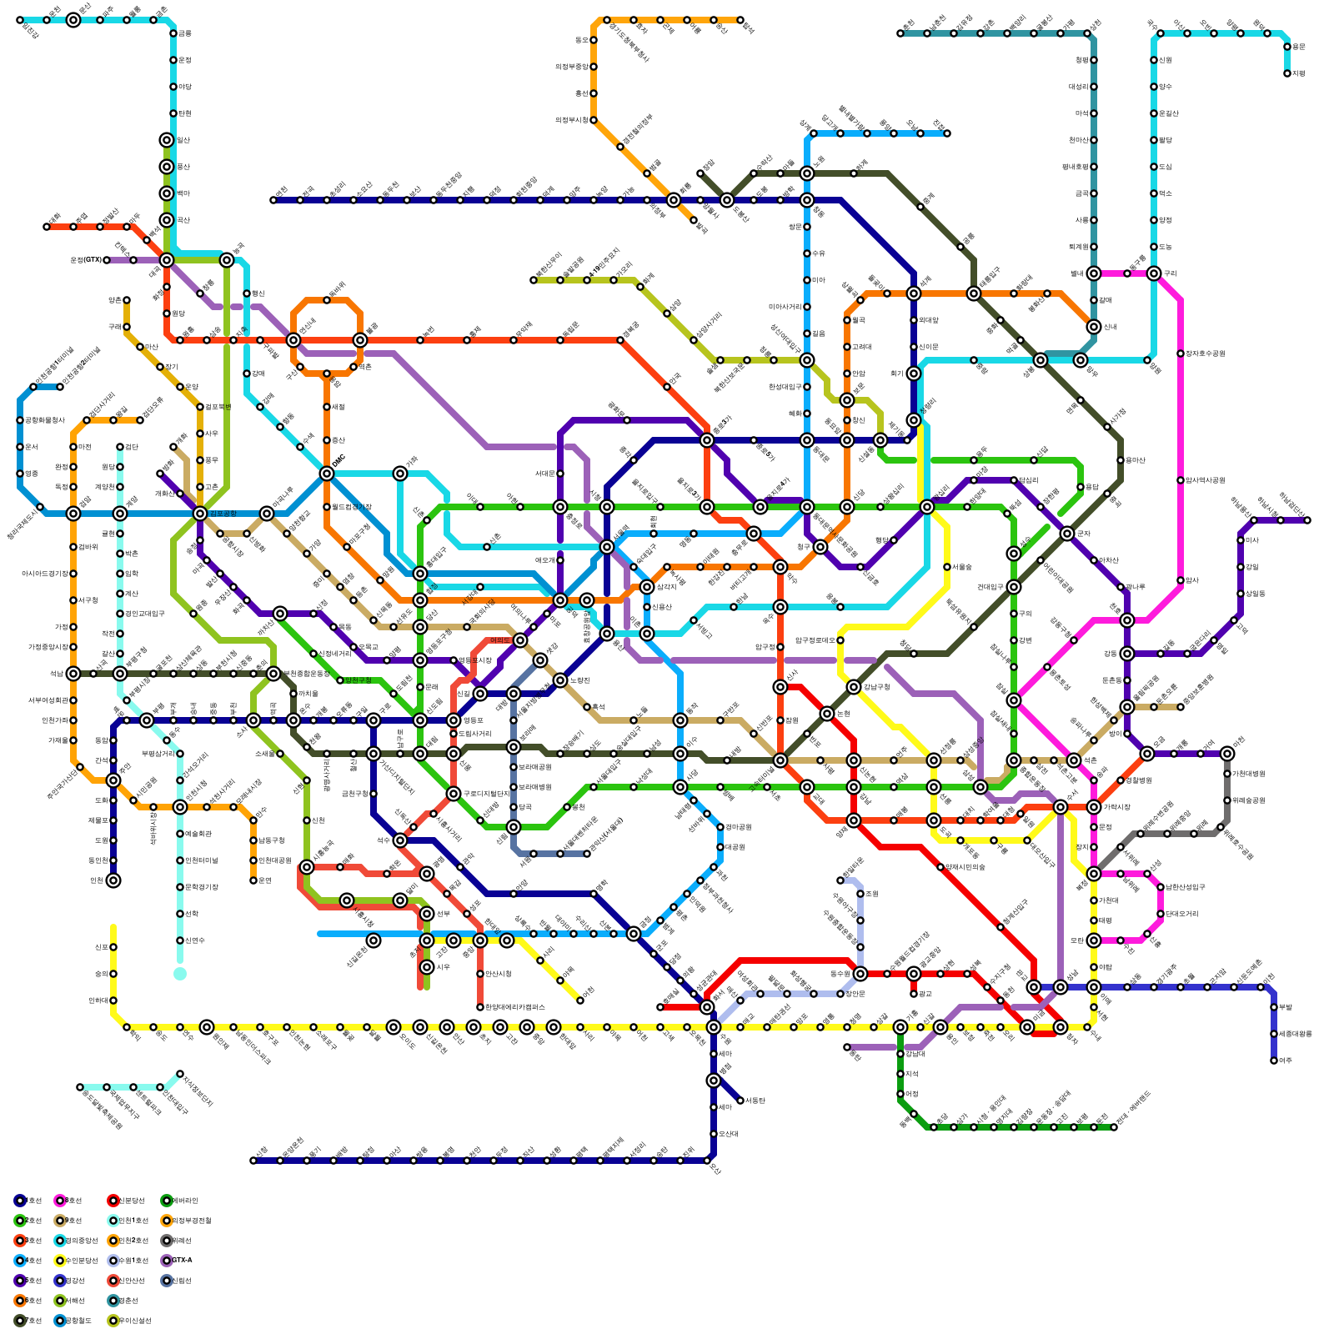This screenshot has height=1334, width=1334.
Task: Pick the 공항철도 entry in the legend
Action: click(x=72, y=1320)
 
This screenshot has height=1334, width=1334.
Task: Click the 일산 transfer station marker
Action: click(x=167, y=140)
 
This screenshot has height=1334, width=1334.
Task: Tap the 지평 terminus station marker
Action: click(x=1287, y=73)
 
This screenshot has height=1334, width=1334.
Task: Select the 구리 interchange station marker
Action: click(x=1154, y=273)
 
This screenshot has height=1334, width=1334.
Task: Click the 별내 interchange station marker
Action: click(x=1094, y=273)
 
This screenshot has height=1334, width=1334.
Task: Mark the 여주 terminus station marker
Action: click(x=1274, y=1061)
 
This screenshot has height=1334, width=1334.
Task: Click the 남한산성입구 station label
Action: click(x=1185, y=887)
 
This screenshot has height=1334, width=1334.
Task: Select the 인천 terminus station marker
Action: click(x=113, y=880)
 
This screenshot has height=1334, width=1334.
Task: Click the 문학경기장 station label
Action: click(x=201, y=887)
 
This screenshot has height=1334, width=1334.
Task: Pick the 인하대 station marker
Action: click(x=113, y=1000)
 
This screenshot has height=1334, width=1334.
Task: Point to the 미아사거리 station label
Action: click(x=785, y=307)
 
